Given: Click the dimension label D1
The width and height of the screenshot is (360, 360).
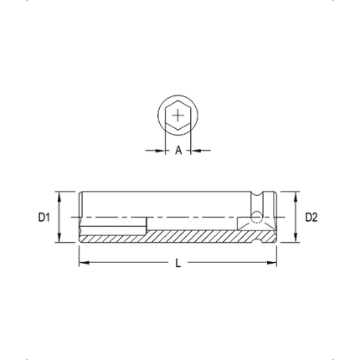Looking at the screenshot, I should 45,218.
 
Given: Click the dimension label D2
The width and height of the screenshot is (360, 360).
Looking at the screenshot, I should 311,218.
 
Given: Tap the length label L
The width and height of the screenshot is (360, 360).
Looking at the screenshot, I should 178,264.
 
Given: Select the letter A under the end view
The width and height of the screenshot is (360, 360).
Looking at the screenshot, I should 178,151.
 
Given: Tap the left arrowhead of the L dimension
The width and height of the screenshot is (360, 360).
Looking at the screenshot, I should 83,264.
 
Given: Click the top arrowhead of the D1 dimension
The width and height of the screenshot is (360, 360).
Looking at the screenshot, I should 59,195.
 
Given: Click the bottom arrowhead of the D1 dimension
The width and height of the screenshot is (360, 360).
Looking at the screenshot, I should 59,239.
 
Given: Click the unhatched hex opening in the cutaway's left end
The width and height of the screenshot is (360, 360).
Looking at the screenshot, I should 113,226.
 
